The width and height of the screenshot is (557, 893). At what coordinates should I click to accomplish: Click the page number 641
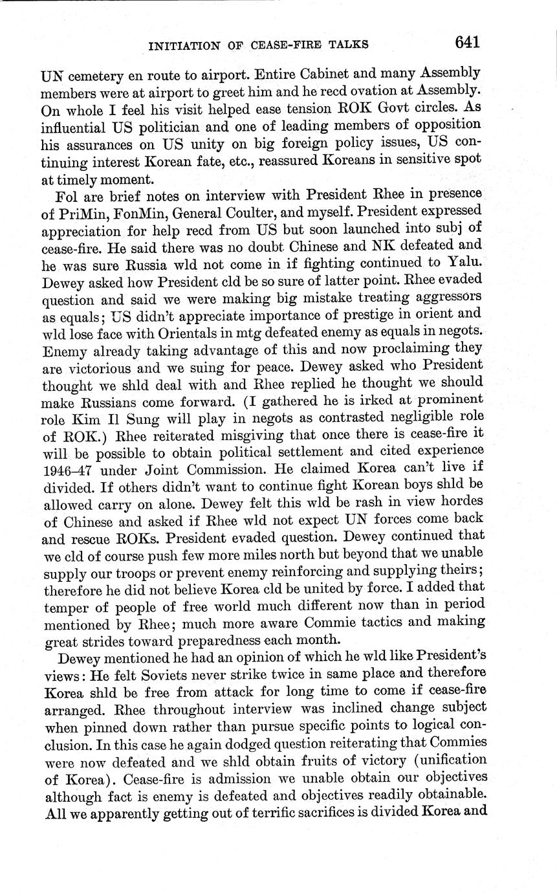pos(466,43)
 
